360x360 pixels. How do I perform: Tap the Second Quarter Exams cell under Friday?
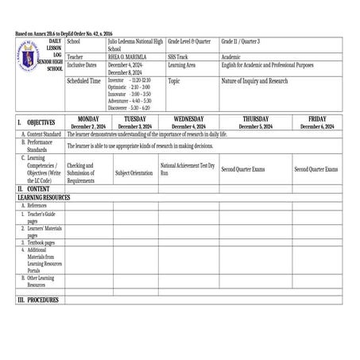tap(315, 169)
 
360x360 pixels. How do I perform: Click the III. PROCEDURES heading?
tap(38, 300)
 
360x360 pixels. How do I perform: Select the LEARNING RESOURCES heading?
tap(44, 198)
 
